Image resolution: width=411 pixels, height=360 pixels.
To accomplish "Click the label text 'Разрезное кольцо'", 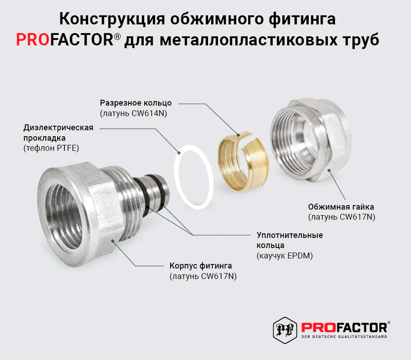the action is tap(136, 103).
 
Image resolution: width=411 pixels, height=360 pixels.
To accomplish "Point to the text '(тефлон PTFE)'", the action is tap(51, 148).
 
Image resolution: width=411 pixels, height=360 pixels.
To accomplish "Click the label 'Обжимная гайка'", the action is tap(341, 207).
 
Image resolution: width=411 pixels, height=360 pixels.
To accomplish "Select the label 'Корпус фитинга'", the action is tap(200, 266).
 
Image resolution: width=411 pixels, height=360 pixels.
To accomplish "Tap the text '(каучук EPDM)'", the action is tap(285, 256).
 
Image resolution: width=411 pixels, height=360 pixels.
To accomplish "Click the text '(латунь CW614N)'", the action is tap(134, 113).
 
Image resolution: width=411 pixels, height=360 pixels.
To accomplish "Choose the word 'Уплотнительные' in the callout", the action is tap(290, 235).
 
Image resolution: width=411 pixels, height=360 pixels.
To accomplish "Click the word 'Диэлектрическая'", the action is tap(58, 128).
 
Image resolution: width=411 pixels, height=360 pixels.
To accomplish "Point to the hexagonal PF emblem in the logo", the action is tap(285, 330).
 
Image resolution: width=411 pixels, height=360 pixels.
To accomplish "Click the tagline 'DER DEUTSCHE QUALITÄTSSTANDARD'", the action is tap(344, 337).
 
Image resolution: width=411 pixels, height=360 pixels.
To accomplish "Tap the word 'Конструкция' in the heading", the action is tap(113, 19).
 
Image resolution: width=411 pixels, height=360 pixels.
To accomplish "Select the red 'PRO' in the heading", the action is tap(33, 40).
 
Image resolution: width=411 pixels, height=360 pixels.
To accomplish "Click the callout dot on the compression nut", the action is tap(329, 170).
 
